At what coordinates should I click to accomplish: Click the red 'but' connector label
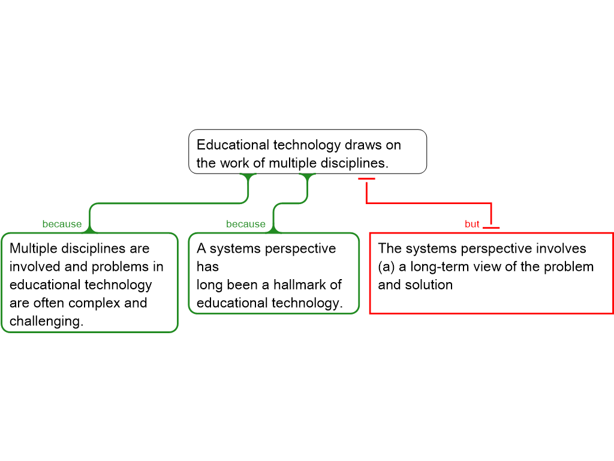pos(472,224)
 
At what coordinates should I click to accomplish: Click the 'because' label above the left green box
pos(62,224)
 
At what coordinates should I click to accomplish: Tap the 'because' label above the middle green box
pos(245,224)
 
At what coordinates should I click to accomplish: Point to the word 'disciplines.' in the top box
pos(355,163)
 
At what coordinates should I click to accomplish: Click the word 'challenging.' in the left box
pos(46,321)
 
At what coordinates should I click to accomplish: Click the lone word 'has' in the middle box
pos(207,267)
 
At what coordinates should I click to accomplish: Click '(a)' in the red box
pos(386,267)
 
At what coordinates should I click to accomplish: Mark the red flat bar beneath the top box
pos(366,179)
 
